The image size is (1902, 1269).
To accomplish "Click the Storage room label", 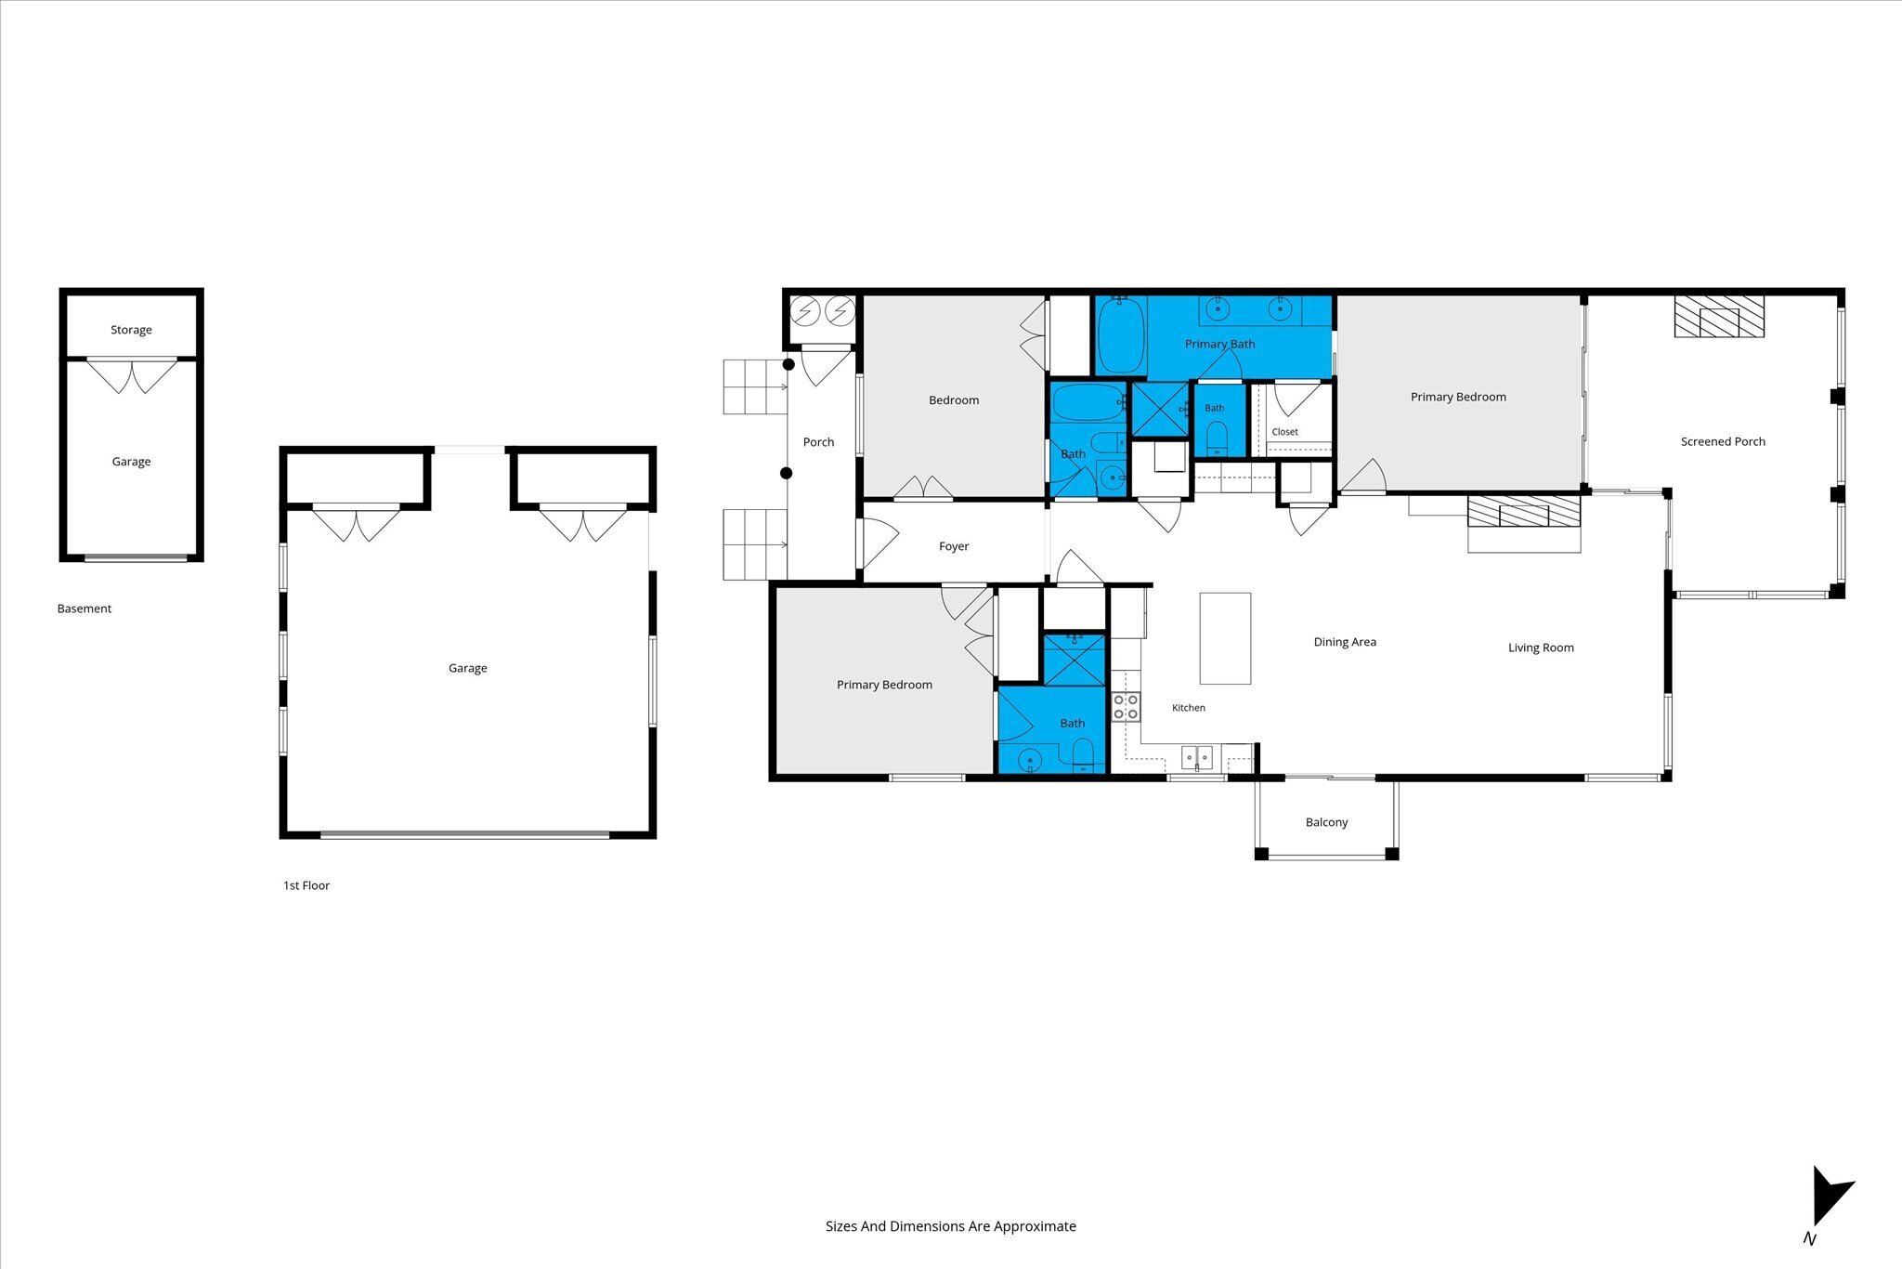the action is point(131,330).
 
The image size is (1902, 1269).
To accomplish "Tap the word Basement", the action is point(85,608).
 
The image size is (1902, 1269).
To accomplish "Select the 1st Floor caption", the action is point(306,885).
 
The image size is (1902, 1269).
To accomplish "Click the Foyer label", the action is point(954,546).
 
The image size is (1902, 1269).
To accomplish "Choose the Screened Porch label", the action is point(1723,441).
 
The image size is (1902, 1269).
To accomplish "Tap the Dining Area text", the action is point(1345,642).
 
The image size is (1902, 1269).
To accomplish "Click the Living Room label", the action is point(1541,648).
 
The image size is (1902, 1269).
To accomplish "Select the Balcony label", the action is point(1326,822).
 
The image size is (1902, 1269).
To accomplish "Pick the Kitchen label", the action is point(1189,708).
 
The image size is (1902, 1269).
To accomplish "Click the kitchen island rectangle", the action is point(1225,638).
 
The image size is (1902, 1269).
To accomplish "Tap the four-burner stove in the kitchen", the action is point(1126,707).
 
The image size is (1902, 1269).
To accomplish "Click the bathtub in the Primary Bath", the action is point(1121,335).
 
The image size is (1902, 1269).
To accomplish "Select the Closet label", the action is point(1285,432).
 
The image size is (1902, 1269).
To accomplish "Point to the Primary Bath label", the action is point(1219,344).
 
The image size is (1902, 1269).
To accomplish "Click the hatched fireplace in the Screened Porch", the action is point(1719,317).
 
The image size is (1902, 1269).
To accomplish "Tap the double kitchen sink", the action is point(1197,758).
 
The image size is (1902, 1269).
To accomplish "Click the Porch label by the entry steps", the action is point(818,442).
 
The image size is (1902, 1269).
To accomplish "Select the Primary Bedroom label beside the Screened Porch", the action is point(1458,397).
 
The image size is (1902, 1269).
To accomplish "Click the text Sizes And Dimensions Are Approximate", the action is point(951,1226).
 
